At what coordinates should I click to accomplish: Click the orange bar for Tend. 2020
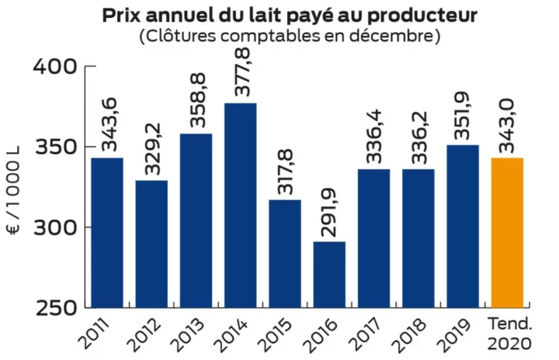508,232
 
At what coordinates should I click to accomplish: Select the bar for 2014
241,205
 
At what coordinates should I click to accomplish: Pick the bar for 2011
106,232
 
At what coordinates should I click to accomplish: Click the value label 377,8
241,71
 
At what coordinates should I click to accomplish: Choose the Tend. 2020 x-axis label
509,331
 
